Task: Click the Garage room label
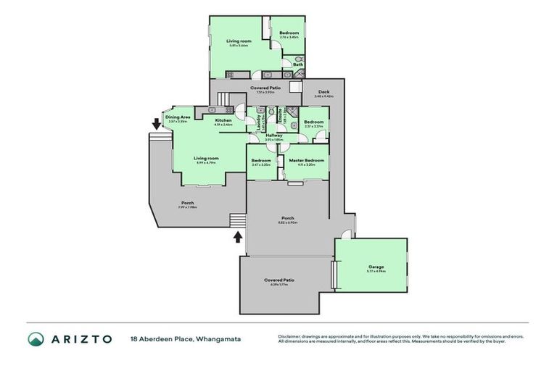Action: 376,267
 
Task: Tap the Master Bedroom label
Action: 306,160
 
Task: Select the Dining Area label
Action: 178,117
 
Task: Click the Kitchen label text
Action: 223,120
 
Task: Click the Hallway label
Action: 273,136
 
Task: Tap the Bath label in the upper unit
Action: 298,64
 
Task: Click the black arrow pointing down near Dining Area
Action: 155,124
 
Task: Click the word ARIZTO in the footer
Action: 81,339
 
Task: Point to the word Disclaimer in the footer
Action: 291,335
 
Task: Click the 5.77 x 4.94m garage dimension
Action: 376,271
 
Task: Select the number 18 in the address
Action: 134,339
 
